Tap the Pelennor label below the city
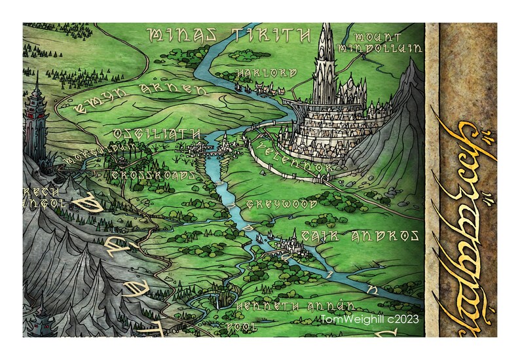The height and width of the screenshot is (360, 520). [295, 157]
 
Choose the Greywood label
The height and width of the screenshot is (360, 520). [281, 205]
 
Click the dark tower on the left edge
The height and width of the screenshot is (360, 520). [37, 124]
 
